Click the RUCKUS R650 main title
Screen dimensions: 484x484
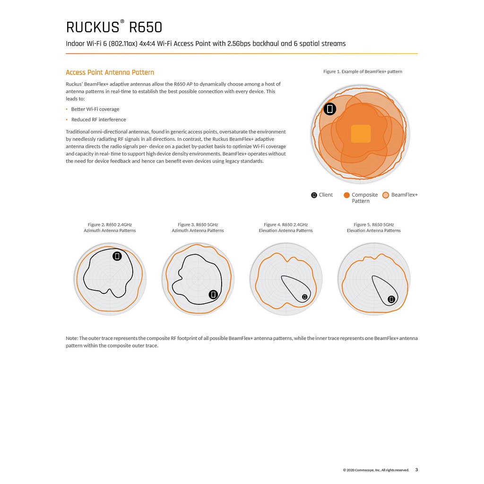click(114, 27)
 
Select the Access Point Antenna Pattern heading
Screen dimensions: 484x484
click(110, 72)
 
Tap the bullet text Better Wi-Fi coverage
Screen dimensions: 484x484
click(95, 109)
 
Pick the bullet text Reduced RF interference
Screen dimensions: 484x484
click(98, 120)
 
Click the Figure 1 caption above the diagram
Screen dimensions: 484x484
click(363, 71)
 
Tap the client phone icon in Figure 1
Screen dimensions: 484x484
click(330, 109)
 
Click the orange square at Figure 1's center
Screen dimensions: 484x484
click(361, 134)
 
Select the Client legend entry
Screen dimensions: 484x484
click(322, 195)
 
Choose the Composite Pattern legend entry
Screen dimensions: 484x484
click(361, 198)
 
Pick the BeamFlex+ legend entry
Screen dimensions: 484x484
click(400, 195)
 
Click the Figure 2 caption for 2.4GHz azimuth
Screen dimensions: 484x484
click(110, 227)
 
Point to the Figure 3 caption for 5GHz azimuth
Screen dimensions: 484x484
click(198, 227)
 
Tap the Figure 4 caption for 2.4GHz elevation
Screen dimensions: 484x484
click(285, 227)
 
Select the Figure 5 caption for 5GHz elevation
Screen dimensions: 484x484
click(373, 227)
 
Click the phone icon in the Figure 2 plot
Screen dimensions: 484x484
click(117, 256)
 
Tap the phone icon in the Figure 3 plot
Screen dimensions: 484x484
click(213, 294)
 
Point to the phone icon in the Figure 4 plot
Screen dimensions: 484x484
click(304, 297)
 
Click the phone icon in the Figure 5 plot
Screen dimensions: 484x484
click(391, 299)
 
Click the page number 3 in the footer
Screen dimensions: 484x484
click(416, 470)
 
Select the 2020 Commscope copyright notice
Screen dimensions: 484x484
click(376, 470)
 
